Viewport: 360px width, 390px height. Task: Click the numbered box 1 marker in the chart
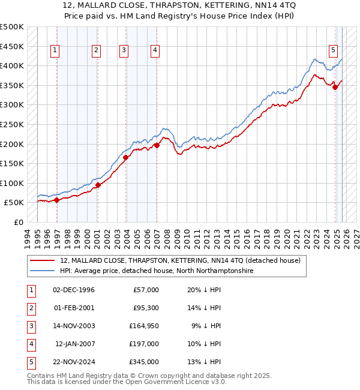[55, 51]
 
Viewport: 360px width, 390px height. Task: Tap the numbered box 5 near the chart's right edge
[333, 51]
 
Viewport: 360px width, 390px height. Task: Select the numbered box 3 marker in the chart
[124, 51]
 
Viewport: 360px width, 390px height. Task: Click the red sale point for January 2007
[157, 145]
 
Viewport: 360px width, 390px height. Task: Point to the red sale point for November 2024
[335, 87]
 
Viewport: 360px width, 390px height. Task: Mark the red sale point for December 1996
[57, 200]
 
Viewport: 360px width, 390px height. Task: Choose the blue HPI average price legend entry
[157, 271]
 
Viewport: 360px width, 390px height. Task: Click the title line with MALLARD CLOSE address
[179, 5]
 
